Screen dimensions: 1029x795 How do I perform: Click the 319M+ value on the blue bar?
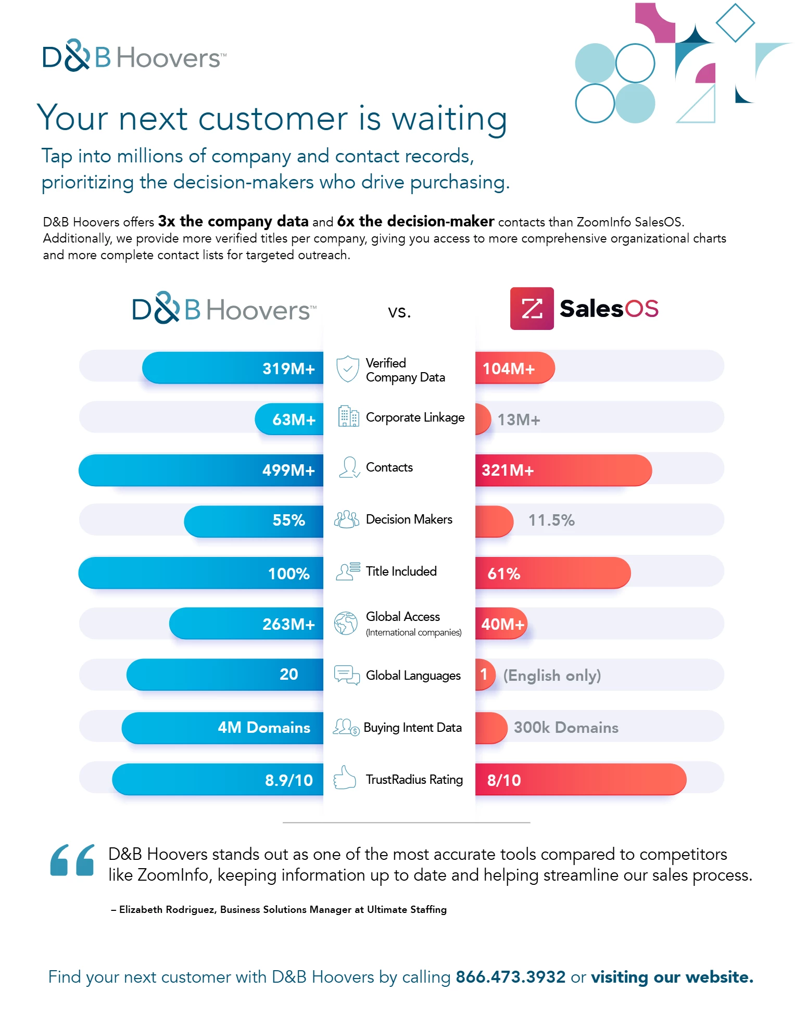(x=288, y=369)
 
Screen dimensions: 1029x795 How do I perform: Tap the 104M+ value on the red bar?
(x=508, y=369)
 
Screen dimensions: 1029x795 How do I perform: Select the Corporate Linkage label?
(x=415, y=417)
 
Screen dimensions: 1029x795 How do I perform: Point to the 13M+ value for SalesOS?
(x=519, y=420)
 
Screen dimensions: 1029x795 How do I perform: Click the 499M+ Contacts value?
(x=288, y=470)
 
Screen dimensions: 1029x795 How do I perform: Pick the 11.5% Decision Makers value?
(x=551, y=520)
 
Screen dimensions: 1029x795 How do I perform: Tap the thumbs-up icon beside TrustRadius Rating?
(x=345, y=778)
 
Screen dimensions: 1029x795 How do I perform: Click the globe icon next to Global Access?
(x=346, y=623)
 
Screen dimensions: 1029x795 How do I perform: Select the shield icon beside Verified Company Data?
(x=347, y=369)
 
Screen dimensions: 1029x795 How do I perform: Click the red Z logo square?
(x=532, y=309)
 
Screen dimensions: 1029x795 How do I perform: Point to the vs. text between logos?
(x=399, y=312)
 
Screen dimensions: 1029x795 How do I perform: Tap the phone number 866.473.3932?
(x=510, y=977)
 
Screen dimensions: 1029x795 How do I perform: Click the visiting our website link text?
(x=672, y=977)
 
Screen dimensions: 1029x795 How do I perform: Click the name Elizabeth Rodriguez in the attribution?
(x=167, y=909)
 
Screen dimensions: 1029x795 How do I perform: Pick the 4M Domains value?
(x=264, y=727)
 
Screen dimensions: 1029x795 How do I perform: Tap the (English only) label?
(x=552, y=675)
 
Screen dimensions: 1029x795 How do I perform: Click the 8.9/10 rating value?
(x=289, y=780)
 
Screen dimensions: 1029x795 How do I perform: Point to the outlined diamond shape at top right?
(x=735, y=22)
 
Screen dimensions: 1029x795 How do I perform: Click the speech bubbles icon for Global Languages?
(x=346, y=675)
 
